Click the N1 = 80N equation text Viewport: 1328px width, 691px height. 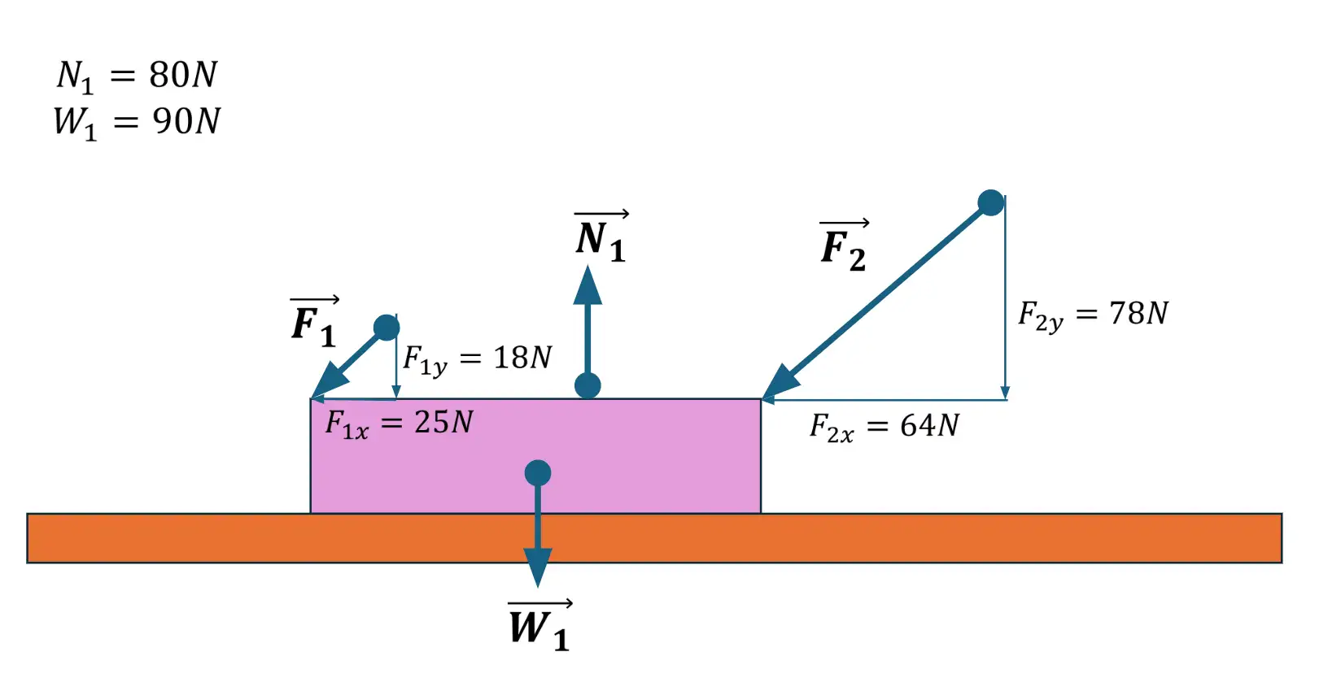click(137, 76)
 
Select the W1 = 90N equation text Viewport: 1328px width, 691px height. click(137, 122)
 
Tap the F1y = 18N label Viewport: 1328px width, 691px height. click(478, 359)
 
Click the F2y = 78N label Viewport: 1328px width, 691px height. click(1093, 315)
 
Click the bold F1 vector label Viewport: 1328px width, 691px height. click(314, 323)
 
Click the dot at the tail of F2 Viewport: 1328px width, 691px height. click(990, 202)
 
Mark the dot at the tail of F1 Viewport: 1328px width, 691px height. click(387, 328)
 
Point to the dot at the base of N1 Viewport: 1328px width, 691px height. click(588, 385)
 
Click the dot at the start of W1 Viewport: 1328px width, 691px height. click(538, 472)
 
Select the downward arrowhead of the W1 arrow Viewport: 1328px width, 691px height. click(538, 566)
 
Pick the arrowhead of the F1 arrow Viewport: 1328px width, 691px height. click(330, 380)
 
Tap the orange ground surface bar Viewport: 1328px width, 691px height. click(976, 538)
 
